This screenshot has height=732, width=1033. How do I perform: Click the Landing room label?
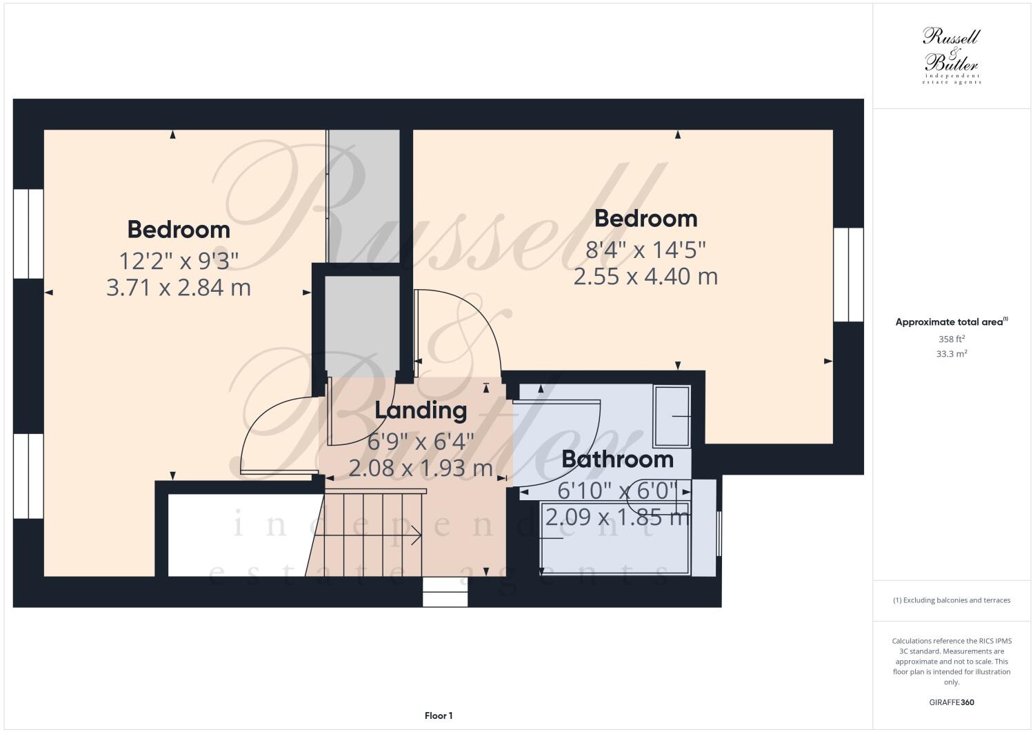click(x=421, y=410)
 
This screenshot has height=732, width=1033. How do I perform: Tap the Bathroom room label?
click(x=617, y=459)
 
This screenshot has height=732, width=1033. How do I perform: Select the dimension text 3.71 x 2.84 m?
click(x=179, y=287)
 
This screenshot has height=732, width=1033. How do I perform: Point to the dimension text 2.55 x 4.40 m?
click(x=645, y=276)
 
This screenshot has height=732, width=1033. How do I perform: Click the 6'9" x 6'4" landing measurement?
click(x=421, y=440)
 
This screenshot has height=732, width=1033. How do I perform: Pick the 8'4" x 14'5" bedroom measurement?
click(x=645, y=248)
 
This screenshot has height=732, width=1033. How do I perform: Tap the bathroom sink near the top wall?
click(x=672, y=415)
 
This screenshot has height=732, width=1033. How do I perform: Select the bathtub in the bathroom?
click(x=616, y=539)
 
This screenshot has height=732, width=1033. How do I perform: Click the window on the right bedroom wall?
click(x=848, y=275)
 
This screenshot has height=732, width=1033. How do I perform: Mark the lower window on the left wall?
click(x=28, y=475)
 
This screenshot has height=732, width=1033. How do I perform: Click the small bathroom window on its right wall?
click(x=719, y=533)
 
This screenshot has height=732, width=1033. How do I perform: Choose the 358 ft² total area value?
click(x=951, y=339)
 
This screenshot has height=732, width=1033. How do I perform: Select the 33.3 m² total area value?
click(x=951, y=354)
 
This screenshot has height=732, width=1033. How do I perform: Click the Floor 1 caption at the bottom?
click(x=439, y=715)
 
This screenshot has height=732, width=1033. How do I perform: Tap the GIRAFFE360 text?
click(x=952, y=703)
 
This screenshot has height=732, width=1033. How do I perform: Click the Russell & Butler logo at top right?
click(x=952, y=56)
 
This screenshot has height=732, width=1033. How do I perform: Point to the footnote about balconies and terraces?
click(x=952, y=600)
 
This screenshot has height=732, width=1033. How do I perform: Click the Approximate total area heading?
click(x=951, y=322)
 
